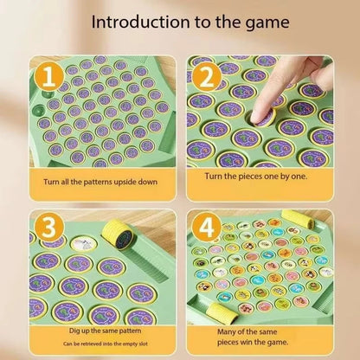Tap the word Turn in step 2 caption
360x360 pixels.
coord(216,177)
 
